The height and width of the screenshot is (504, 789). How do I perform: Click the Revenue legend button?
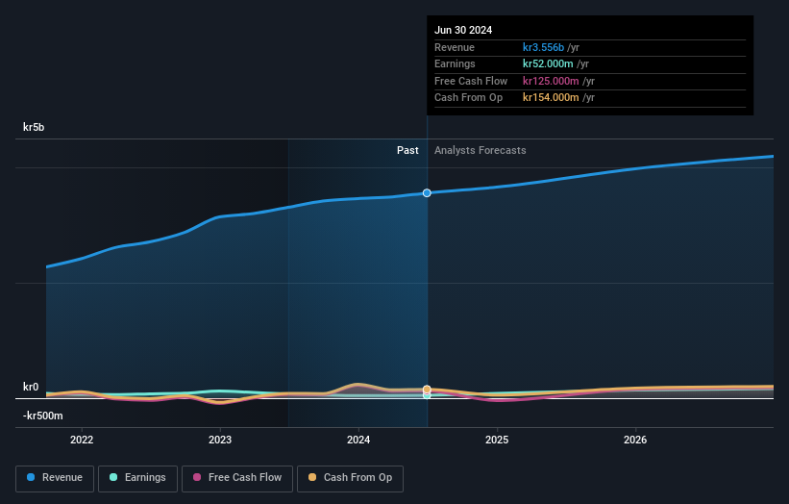[56, 478]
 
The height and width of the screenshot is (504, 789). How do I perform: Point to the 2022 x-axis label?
[82, 441]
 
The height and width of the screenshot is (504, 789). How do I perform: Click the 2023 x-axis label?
[220, 441]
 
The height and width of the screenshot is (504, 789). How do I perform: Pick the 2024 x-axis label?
[358, 441]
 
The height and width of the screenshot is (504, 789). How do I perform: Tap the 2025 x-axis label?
[497, 441]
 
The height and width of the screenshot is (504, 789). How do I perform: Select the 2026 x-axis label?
[635, 441]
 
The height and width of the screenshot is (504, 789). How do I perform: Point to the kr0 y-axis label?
[31, 388]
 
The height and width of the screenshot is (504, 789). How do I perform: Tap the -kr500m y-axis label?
[44, 416]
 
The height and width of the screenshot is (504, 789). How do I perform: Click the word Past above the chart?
[407, 150]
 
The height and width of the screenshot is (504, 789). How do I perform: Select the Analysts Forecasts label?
[480, 150]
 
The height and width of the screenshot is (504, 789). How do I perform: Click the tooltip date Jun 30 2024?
[463, 30]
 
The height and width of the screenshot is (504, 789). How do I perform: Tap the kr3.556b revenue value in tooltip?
[543, 47]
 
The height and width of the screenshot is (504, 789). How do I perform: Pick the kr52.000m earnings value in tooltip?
[551, 64]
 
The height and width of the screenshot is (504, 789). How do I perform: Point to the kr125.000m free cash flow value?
[554, 81]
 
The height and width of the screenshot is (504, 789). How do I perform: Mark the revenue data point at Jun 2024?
[427, 193]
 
